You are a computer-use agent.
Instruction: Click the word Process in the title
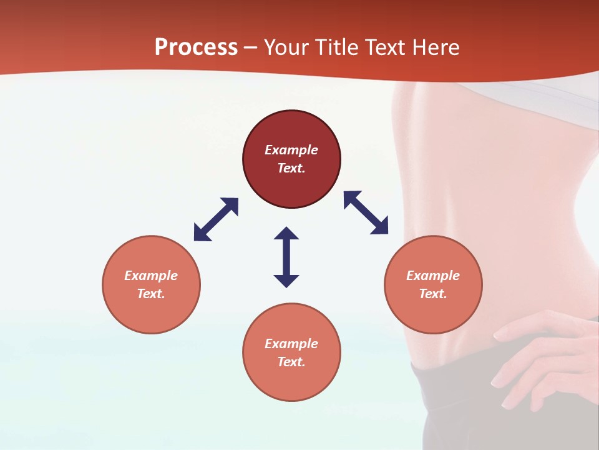tap(196, 47)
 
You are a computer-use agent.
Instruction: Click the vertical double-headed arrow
tap(286, 257)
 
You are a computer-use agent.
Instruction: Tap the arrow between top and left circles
tap(216, 219)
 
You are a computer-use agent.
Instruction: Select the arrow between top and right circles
tap(366, 212)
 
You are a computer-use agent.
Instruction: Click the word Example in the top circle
tap(291, 150)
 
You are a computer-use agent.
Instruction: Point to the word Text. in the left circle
tap(151, 294)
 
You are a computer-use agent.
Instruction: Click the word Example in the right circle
tap(433, 276)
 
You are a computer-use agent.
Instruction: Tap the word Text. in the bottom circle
tap(291, 362)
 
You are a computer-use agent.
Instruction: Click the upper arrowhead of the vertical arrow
tap(286, 234)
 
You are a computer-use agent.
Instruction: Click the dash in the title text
tap(251, 48)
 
